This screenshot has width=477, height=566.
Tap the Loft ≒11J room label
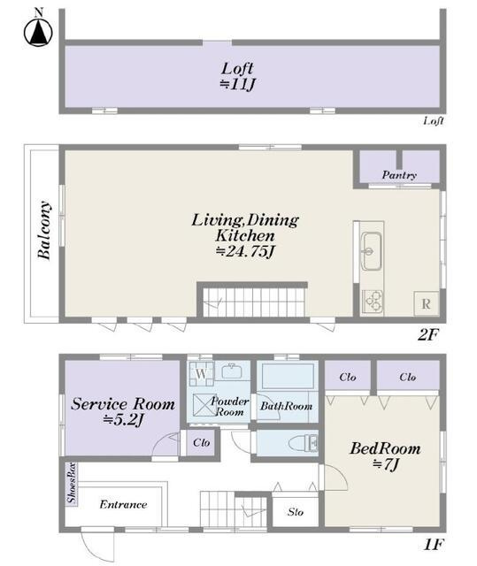(237, 76)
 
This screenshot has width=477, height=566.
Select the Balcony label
(44, 230)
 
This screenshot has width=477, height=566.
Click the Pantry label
(399, 175)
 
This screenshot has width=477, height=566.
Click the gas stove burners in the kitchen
(373, 301)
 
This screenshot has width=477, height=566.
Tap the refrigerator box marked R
(426, 303)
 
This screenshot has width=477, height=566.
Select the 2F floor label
(428, 335)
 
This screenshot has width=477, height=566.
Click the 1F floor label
(433, 545)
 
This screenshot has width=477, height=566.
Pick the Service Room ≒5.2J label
(123, 411)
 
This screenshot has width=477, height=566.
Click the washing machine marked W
(202, 373)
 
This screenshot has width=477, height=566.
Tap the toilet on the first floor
(303, 443)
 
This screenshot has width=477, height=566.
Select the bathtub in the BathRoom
(287, 376)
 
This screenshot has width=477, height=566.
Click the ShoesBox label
(72, 483)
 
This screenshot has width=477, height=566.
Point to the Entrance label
(123, 504)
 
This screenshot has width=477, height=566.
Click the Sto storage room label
(296, 512)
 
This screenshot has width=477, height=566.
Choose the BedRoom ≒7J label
(385, 456)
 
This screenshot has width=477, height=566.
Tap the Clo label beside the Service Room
(201, 442)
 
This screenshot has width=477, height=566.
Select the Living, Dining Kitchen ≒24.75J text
(245, 235)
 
